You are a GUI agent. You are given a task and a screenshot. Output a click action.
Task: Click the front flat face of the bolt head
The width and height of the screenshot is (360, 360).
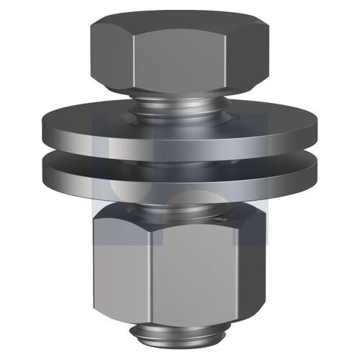pyautogui.click(x=179, y=63)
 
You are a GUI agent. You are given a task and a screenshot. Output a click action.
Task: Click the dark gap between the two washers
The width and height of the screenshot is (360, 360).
pyautogui.click(x=180, y=162)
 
